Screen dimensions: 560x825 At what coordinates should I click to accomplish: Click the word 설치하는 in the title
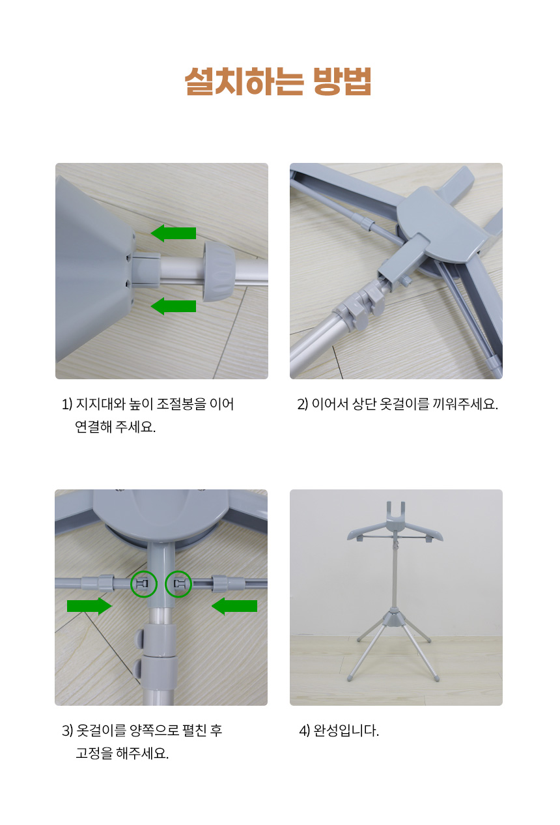coord(244,81)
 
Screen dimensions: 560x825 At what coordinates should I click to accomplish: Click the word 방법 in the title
coord(342,81)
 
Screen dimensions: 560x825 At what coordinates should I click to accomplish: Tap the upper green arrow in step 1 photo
coord(173,233)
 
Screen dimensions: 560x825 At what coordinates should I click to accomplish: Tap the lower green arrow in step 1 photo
coord(173,306)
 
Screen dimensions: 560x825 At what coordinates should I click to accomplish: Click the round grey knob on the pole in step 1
coord(219,272)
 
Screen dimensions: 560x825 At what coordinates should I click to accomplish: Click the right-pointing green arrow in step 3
coord(89,606)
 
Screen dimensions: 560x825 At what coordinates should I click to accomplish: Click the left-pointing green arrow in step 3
coord(234,606)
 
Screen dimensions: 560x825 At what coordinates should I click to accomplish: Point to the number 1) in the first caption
coord(67,405)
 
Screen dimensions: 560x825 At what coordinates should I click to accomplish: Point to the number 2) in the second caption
coord(302,405)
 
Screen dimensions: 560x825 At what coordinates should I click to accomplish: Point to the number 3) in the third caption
coord(67,731)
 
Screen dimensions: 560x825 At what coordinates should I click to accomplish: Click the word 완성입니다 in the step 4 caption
coord(345,731)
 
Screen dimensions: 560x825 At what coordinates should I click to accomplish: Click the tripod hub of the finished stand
coord(394,620)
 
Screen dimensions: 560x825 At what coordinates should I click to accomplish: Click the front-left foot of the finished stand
coord(350,678)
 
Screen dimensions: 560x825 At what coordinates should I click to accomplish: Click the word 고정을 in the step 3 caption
coord(94,753)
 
